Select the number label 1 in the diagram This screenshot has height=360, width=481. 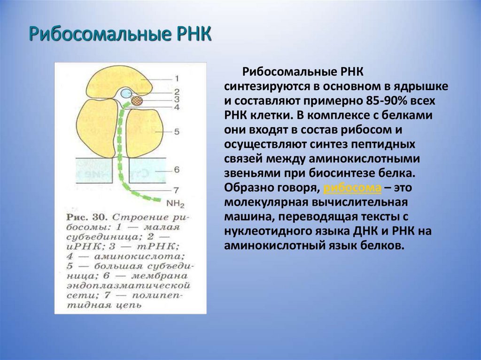(x=176, y=78)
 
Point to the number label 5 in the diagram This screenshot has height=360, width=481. (x=176, y=132)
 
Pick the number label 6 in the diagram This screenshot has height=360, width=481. (x=176, y=169)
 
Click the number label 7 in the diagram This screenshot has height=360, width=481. (x=176, y=191)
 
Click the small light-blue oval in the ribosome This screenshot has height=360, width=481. (x=125, y=93)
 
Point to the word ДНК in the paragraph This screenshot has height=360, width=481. (x=364, y=231)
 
